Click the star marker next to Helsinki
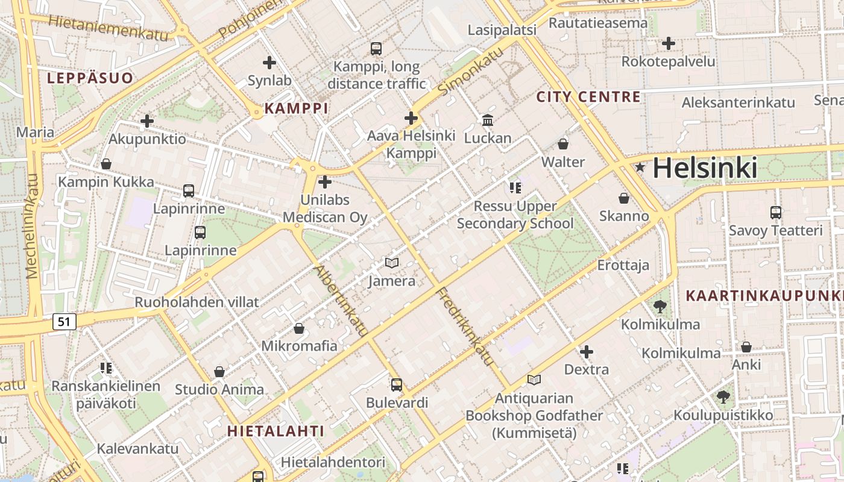(x=640, y=167)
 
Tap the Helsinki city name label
(x=705, y=167)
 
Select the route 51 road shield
(x=65, y=322)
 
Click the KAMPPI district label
(x=297, y=108)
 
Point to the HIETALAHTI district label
(x=276, y=431)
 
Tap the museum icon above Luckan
(x=488, y=120)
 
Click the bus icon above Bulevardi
(x=396, y=384)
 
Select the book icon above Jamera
(x=392, y=263)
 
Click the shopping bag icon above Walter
(x=563, y=144)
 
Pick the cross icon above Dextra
(x=586, y=351)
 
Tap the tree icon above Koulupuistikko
(x=723, y=397)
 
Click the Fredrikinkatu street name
(x=465, y=327)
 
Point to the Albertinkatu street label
(x=341, y=300)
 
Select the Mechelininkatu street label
(x=33, y=226)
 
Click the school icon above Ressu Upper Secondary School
(x=515, y=187)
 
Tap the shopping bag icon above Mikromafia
(x=299, y=328)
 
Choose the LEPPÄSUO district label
(x=90, y=78)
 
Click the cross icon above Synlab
(x=269, y=62)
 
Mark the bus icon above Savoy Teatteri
(x=775, y=212)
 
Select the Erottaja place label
(x=623, y=265)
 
